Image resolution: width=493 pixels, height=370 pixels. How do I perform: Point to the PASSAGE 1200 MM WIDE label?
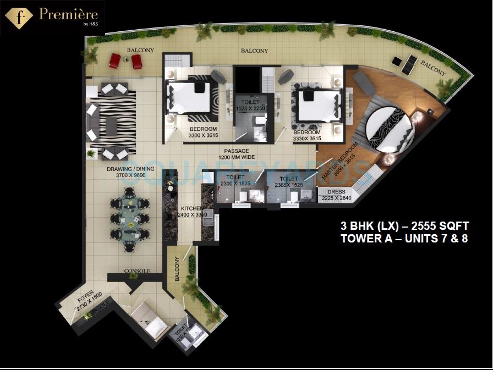[237, 154]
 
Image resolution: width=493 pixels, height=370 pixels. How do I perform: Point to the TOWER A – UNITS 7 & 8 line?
[404, 239]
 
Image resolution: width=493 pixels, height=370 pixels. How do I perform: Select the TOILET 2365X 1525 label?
[289, 182]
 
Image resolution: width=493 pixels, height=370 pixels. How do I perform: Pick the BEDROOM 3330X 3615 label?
[307, 135]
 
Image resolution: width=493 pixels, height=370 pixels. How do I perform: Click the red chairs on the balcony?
[125, 60]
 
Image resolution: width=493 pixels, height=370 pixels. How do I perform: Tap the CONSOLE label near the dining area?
[137, 271]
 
